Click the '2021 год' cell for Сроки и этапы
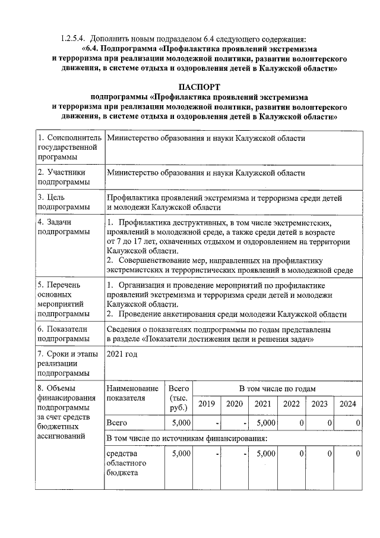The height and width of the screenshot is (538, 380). click(122, 354)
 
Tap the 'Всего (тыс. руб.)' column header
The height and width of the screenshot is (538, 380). click(179, 398)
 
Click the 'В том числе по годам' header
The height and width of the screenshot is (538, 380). click(277, 388)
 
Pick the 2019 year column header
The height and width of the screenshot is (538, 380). click(207, 404)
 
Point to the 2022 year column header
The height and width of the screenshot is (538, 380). click(291, 404)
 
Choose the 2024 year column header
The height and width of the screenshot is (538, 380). click(347, 404)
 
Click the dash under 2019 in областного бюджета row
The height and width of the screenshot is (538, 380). click(218, 454)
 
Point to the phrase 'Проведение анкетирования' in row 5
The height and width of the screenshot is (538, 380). click(166, 313)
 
